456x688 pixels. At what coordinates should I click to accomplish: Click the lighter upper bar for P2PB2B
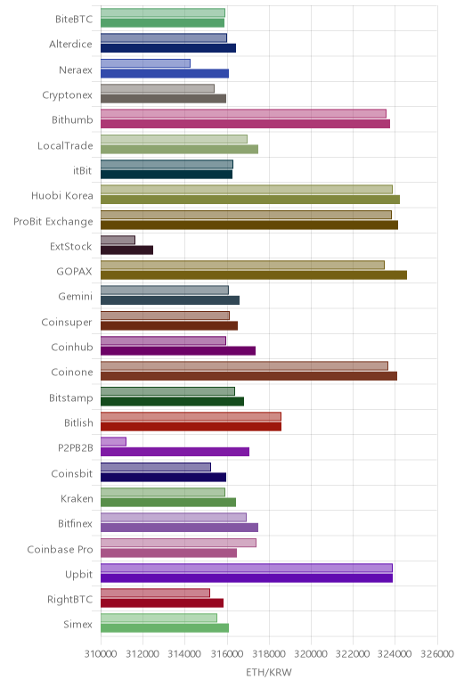point(114,441)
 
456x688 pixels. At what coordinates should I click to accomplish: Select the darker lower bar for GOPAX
point(254,275)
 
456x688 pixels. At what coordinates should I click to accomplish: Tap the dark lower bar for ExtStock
point(126,250)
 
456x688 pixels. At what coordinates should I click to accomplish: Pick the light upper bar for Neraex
point(145,63)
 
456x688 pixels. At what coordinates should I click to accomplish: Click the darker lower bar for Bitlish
point(191,427)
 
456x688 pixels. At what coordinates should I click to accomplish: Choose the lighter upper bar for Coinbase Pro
point(178,543)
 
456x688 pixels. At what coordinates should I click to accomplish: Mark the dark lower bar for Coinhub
point(178,350)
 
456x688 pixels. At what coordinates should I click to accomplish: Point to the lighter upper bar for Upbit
point(247,568)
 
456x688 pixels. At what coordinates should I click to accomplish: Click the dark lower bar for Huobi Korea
point(250,200)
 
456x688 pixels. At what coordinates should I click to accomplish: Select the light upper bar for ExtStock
point(118,240)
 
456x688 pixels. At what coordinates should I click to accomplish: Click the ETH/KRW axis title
point(268,672)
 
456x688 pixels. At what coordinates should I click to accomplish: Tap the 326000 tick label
point(437,654)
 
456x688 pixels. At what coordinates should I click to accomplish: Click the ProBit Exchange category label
point(53,221)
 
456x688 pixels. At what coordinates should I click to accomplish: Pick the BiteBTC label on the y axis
point(74,19)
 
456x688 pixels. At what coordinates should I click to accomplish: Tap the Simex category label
point(77,624)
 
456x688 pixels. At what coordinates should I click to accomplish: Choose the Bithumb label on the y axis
point(72,119)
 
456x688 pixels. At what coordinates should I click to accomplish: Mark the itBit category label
point(83,170)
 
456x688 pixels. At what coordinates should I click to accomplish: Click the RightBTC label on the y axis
point(70,600)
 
